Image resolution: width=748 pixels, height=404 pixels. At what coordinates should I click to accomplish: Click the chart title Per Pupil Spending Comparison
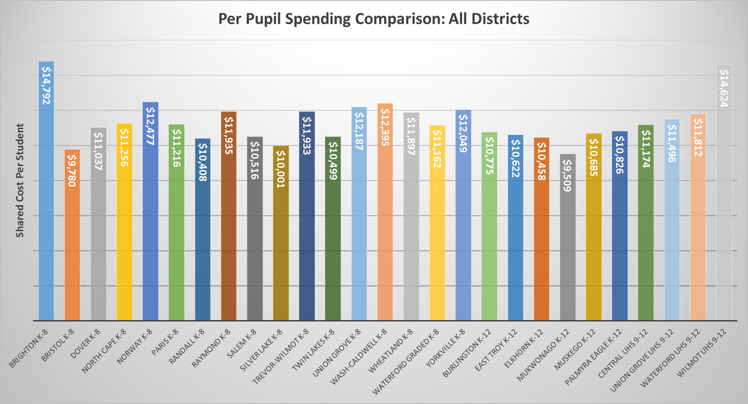[374, 19]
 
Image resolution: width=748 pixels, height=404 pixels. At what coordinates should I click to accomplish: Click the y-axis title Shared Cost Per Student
[20, 180]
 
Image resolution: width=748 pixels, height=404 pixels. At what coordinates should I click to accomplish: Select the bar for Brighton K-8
[46, 205]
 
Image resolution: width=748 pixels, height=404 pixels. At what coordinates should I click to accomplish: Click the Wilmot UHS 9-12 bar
[724, 205]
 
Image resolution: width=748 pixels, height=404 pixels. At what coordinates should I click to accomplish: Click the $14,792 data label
[46, 85]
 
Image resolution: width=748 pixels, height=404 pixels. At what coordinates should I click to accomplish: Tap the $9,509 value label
[567, 176]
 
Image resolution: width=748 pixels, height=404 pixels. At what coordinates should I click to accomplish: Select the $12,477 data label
[150, 126]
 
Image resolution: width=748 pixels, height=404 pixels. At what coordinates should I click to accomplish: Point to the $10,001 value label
[280, 169]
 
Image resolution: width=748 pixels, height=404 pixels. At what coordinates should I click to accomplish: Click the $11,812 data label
[698, 137]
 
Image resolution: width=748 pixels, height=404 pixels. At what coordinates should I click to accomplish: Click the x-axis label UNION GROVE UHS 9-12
[642, 360]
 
